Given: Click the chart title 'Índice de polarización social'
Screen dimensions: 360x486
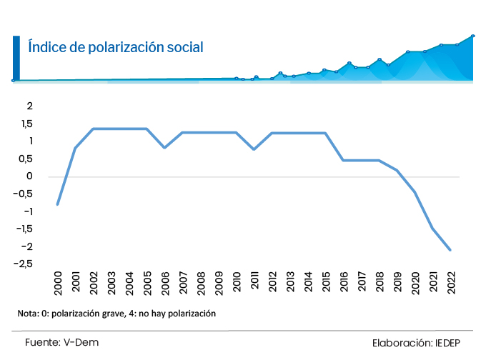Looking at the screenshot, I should point(115,47).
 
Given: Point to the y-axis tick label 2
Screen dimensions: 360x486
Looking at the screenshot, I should point(29,106).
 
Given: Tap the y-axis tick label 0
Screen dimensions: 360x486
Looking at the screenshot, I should point(30,176).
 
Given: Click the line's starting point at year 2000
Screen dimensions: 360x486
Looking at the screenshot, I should point(57,204).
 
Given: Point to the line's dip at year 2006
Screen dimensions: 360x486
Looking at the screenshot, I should point(165,148).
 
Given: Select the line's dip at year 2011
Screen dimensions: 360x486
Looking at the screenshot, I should point(254,149).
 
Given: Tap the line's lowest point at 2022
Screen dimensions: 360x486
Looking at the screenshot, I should point(450,250).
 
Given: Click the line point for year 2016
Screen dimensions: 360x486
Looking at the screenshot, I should point(344,160).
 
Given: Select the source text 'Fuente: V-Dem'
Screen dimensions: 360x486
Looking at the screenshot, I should point(61,343).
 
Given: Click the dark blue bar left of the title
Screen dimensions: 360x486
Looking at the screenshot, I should point(16,57).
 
